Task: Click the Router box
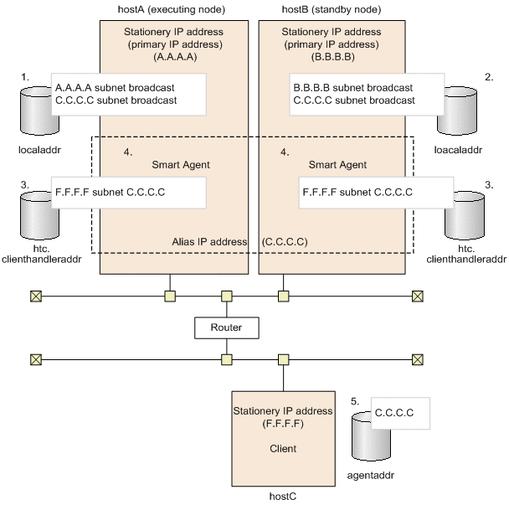pyautogui.click(x=227, y=327)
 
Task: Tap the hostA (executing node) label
pyautogui.click(x=172, y=9)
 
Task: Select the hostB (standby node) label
pyautogui.click(x=332, y=9)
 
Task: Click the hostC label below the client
pyautogui.click(x=283, y=497)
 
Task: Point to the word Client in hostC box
pyautogui.click(x=283, y=449)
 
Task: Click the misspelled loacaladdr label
pyautogui.click(x=458, y=150)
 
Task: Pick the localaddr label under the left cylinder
pyautogui.click(x=39, y=150)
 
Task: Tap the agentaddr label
pyautogui.click(x=370, y=476)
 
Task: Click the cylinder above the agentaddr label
pyautogui.click(x=371, y=436)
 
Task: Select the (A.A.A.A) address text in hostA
pyautogui.click(x=175, y=57)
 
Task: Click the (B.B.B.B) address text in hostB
pyautogui.click(x=332, y=57)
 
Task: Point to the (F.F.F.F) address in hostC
pyautogui.click(x=283, y=424)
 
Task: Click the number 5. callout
pyautogui.click(x=355, y=401)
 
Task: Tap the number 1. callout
pyautogui.click(x=25, y=77)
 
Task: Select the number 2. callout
pyautogui.click(x=489, y=77)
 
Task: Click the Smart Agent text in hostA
pyautogui.click(x=181, y=165)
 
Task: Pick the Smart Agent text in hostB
pyautogui.click(x=337, y=165)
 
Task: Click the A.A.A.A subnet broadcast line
pyautogui.click(x=115, y=88)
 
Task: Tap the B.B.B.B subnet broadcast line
pyautogui.click(x=352, y=88)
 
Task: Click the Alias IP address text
pyautogui.click(x=209, y=242)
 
